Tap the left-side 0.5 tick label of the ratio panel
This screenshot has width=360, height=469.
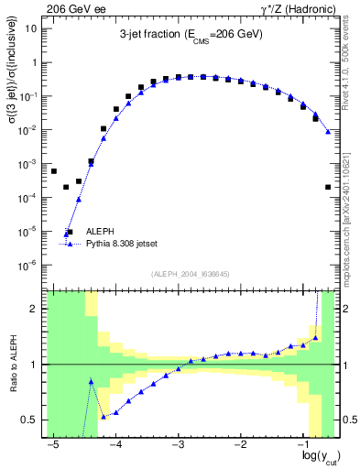(30, 420)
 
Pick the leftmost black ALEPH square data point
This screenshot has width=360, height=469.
(54, 171)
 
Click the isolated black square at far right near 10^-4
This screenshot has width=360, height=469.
(328, 187)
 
